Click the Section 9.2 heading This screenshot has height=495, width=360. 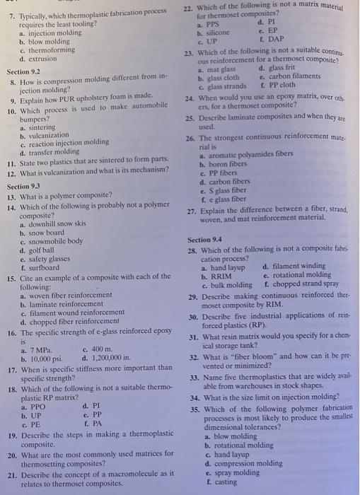click(x=23, y=71)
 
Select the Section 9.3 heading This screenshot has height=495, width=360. click(x=24, y=187)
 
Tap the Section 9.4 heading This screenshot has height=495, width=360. click(x=204, y=240)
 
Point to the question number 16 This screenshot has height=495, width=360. click(x=11, y=332)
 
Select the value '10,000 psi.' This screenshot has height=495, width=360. click(x=45, y=359)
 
